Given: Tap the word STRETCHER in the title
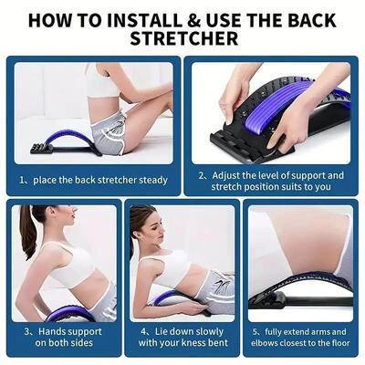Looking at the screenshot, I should (182, 39).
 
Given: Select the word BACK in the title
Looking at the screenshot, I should (319, 18).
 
